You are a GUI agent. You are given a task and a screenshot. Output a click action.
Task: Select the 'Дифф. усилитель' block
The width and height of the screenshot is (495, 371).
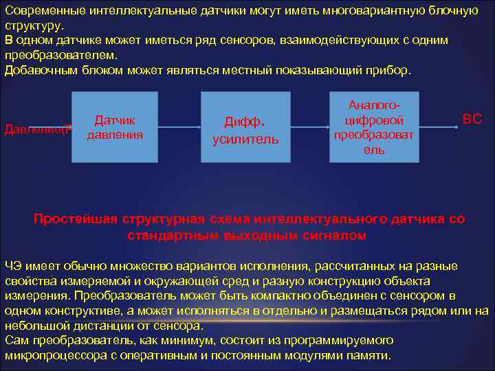point(245,127)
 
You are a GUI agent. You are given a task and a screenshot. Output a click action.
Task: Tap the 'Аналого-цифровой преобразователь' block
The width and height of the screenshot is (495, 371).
point(374,127)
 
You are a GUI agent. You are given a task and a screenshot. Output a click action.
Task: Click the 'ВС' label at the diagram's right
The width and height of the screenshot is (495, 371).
point(472,120)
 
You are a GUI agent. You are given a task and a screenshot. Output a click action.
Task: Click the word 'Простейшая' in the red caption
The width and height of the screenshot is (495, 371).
point(76,219)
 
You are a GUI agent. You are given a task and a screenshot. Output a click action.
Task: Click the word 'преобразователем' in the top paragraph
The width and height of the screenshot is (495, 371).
point(60,55)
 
